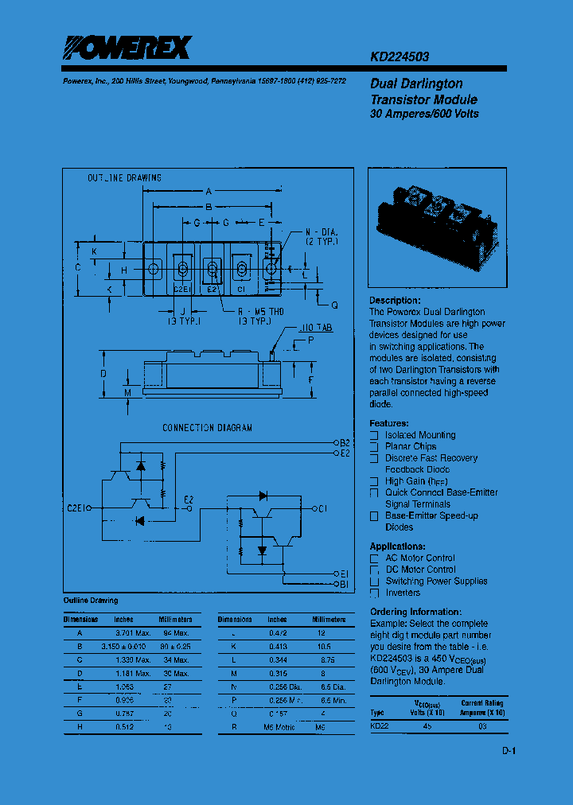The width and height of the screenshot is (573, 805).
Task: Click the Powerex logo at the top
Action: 127,49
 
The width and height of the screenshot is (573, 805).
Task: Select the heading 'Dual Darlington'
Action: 416,84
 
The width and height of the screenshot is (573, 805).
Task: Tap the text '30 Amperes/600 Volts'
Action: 424,114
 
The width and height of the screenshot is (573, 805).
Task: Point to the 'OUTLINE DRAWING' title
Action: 124,178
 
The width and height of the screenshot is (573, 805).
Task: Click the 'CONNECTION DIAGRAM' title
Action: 207,428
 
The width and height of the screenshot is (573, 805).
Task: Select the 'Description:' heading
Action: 395,301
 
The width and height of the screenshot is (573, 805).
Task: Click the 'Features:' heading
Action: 389,424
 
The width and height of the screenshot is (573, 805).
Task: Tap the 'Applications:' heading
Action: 397,546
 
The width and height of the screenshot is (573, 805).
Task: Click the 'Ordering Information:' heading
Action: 415,612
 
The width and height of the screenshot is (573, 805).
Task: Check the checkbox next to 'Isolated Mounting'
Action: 374,435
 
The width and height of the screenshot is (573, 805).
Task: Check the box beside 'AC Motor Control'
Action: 374,558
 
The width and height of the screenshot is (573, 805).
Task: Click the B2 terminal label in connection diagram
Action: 345,442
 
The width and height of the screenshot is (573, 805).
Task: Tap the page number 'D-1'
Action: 509,752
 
